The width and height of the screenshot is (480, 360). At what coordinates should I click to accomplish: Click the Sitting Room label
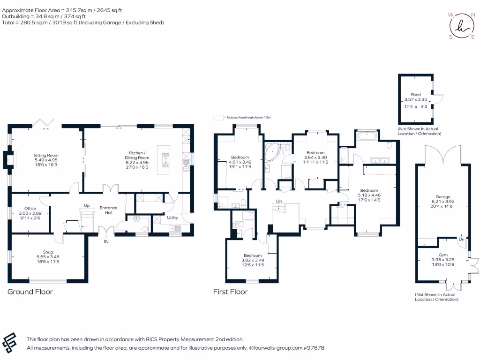tap(46, 155)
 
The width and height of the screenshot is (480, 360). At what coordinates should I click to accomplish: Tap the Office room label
tap(30, 209)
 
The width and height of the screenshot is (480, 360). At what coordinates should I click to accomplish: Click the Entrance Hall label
tap(108, 210)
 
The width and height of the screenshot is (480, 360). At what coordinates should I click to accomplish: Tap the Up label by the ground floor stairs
tap(87, 205)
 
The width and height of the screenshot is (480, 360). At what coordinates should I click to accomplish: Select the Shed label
tap(415, 95)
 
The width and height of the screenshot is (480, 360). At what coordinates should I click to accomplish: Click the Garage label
tap(443, 197)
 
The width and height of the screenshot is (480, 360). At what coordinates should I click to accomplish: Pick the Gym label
tap(443, 255)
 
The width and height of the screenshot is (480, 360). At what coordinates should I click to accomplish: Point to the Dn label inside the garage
tap(461, 239)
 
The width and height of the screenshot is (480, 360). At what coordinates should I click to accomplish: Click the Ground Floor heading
tap(30, 292)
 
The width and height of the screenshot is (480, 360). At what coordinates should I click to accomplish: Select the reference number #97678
tap(314, 348)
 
